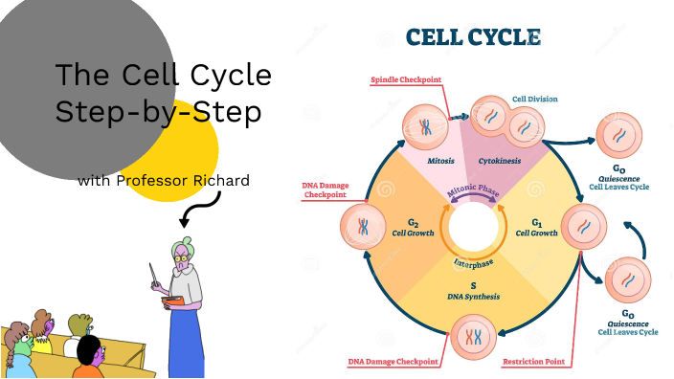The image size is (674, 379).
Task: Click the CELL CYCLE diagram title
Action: pyautogui.click(x=473, y=37)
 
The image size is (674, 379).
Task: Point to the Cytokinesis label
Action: pyautogui.click(x=501, y=161)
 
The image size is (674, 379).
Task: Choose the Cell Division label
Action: pyautogui.click(x=534, y=99)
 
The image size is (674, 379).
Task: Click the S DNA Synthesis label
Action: pyautogui.click(x=471, y=291)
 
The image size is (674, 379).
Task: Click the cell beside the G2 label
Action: pyautogui.click(x=363, y=227)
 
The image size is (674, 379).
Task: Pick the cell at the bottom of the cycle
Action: pyautogui.click(x=472, y=336)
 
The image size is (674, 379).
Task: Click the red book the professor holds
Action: pyautogui.click(x=172, y=302)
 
